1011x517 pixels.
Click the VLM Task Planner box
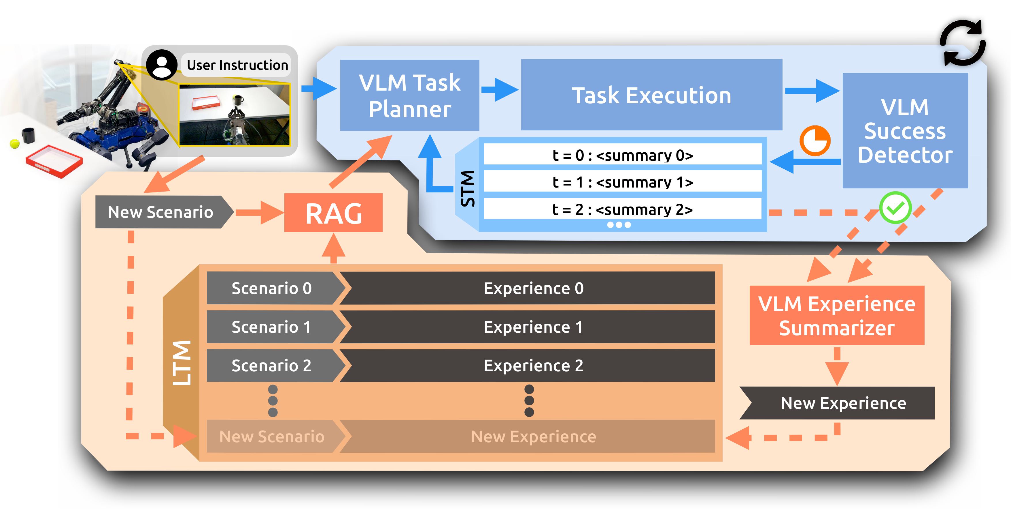tap(409, 95)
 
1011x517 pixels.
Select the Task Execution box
tap(651, 95)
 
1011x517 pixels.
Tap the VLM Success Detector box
tap(905, 131)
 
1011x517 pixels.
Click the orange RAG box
tap(333, 213)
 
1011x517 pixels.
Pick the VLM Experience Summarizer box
tap(836, 315)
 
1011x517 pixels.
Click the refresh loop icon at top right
tap(962, 43)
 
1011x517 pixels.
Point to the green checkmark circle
tap(895, 208)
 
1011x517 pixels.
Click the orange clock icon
tap(815, 141)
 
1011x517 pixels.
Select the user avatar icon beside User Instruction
tap(161, 65)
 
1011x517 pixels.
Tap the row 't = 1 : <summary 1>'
tap(622, 182)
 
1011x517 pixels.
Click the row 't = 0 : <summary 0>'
tap(622, 155)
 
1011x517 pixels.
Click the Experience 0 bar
tap(533, 288)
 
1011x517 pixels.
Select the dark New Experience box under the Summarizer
tap(843, 403)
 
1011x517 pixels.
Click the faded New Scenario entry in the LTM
tap(272, 437)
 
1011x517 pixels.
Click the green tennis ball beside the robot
tap(14, 144)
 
